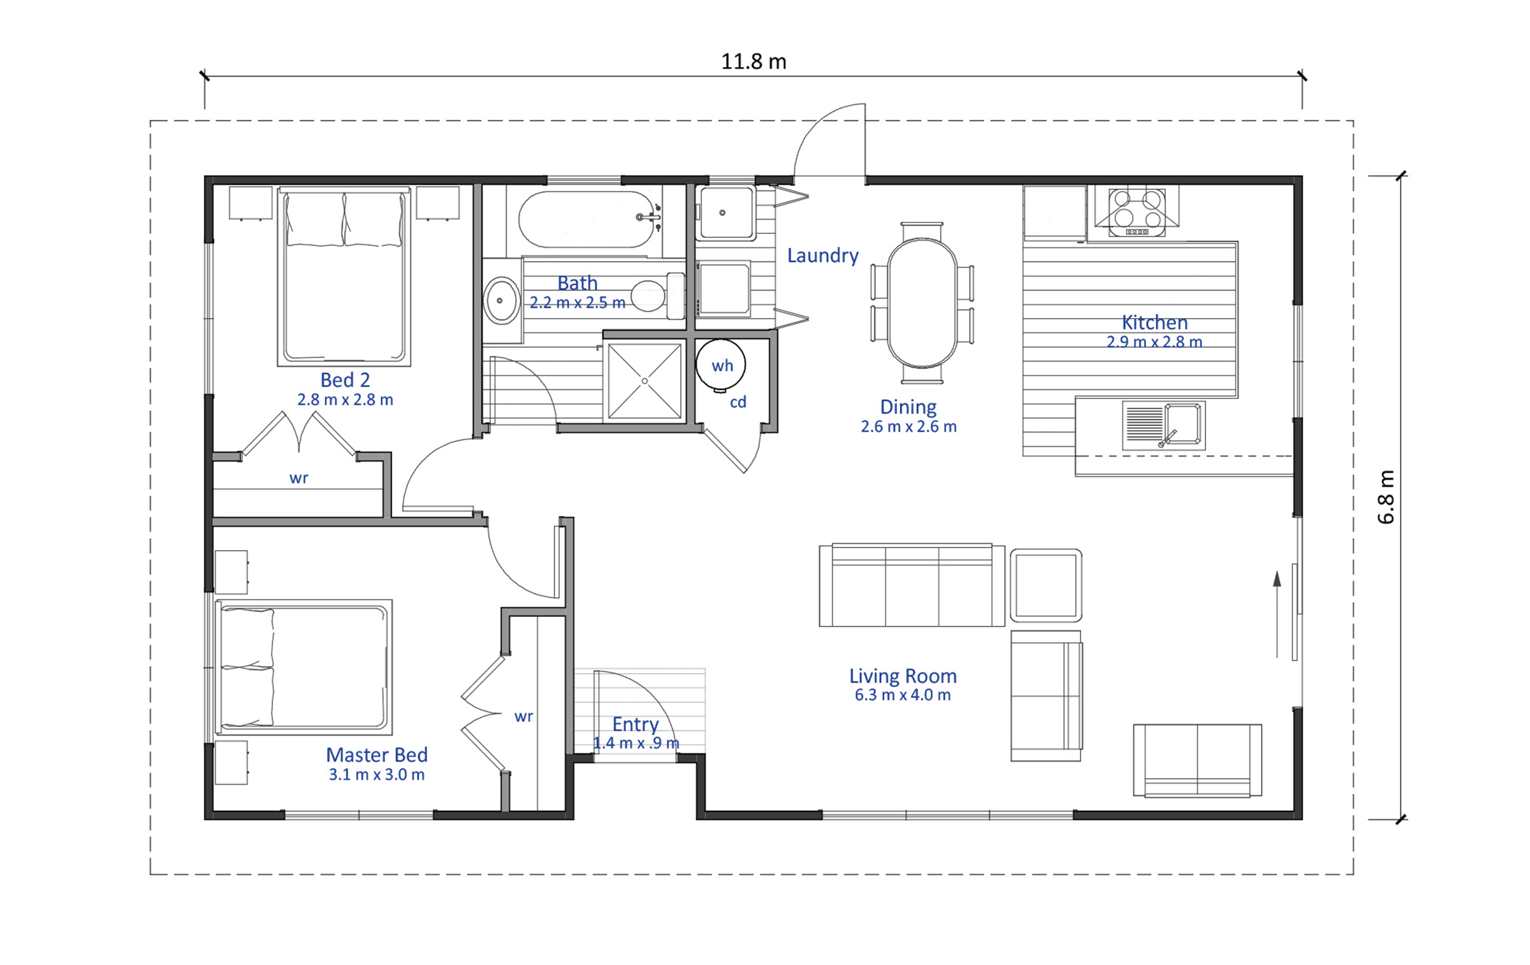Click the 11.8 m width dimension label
click(754, 62)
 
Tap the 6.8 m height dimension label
click(1385, 497)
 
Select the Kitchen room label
click(1155, 322)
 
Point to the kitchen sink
click(1163, 425)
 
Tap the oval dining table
click(922, 303)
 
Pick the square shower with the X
click(645, 381)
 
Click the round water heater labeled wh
click(721, 365)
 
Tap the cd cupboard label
click(738, 402)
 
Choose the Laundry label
click(822, 256)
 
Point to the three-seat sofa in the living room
click(912, 585)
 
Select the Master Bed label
click(377, 755)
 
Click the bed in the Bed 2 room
click(344, 276)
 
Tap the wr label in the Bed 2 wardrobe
click(298, 478)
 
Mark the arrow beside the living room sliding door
click(1277, 614)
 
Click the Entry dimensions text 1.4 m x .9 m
click(636, 743)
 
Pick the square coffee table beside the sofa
click(1046, 585)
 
